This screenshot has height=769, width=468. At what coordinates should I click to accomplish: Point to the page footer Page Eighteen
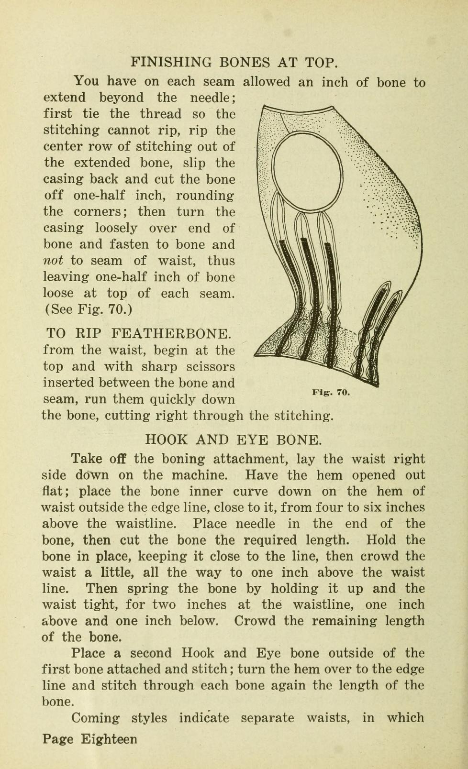click(x=89, y=739)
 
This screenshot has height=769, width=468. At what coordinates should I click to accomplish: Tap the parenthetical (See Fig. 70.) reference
click(x=88, y=309)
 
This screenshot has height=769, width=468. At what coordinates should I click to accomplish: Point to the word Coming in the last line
click(x=96, y=718)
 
